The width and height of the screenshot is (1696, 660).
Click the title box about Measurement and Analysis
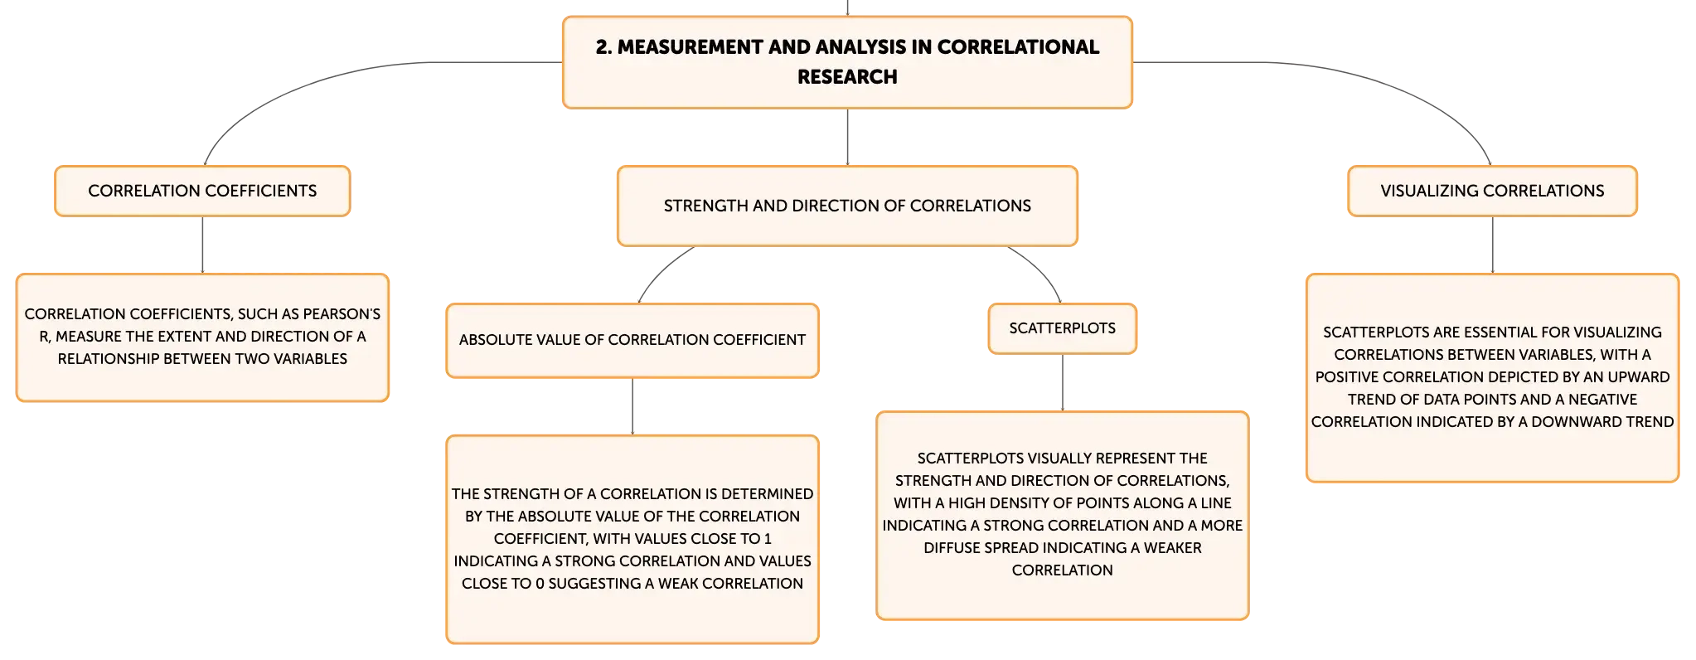pos(847,62)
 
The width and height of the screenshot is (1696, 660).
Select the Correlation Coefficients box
pos(202,191)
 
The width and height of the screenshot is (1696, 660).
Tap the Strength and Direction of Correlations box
pos(847,206)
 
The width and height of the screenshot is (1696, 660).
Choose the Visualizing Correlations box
pos(1492,191)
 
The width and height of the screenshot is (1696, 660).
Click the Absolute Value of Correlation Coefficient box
pos(632,340)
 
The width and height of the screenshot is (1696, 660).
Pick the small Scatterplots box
pos(1062,328)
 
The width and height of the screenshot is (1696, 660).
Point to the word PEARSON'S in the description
pos(342,314)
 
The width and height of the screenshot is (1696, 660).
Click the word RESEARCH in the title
pos(847,77)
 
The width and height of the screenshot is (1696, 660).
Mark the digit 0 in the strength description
pos(540,584)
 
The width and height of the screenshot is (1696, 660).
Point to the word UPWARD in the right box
pos(1639,377)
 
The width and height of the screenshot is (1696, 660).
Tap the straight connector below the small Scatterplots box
pos(1063,382)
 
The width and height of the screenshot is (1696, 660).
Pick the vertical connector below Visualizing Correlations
pos(1493,245)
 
